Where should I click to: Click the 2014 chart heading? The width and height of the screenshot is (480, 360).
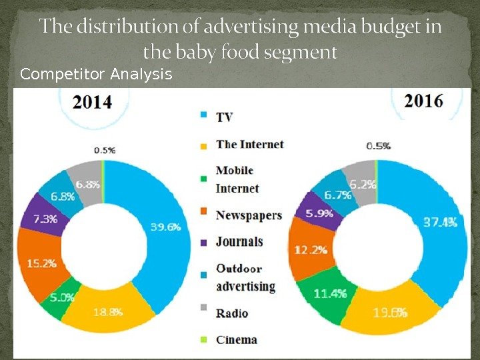click(91, 103)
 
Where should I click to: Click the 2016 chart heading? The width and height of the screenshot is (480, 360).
click(424, 102)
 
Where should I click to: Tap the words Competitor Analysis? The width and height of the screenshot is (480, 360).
click(96, 74)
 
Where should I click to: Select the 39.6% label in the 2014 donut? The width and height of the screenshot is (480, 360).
click(166, 227)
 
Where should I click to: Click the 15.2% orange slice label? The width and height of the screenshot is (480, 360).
click(41, 263)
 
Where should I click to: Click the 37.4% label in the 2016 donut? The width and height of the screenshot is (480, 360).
click(440, 223)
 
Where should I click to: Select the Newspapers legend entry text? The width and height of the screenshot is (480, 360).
click(249, 215)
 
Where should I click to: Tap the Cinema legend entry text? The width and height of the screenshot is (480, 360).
click(236, 340)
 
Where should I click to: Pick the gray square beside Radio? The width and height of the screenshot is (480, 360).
click(204, 311)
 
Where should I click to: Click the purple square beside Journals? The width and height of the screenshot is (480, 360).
click(204, 241)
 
